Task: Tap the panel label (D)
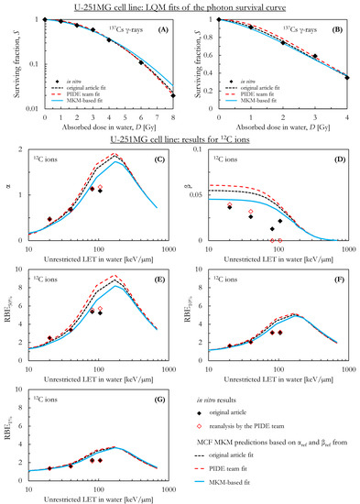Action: tap(336, 148)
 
